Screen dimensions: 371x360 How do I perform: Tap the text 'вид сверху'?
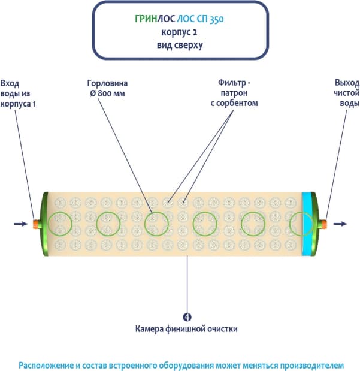[x=181, y=44]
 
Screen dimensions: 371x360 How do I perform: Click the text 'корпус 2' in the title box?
[x=181, y=32]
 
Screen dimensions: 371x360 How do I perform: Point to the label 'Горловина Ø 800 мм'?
[x=108, y=88]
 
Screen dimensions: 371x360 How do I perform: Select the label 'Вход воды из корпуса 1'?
[x=16, y=93]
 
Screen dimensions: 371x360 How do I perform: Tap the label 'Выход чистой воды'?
[x=346, y=93]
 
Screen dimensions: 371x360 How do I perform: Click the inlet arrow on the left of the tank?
[x=20, y=224]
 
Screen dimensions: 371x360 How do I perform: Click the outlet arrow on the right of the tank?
[x=340, y=224]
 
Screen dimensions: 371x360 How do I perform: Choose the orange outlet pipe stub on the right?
[x=324, y=224]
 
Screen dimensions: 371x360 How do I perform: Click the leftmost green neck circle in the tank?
[x=60, y=224]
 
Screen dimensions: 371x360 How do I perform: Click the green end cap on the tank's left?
[x=43, y=224]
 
